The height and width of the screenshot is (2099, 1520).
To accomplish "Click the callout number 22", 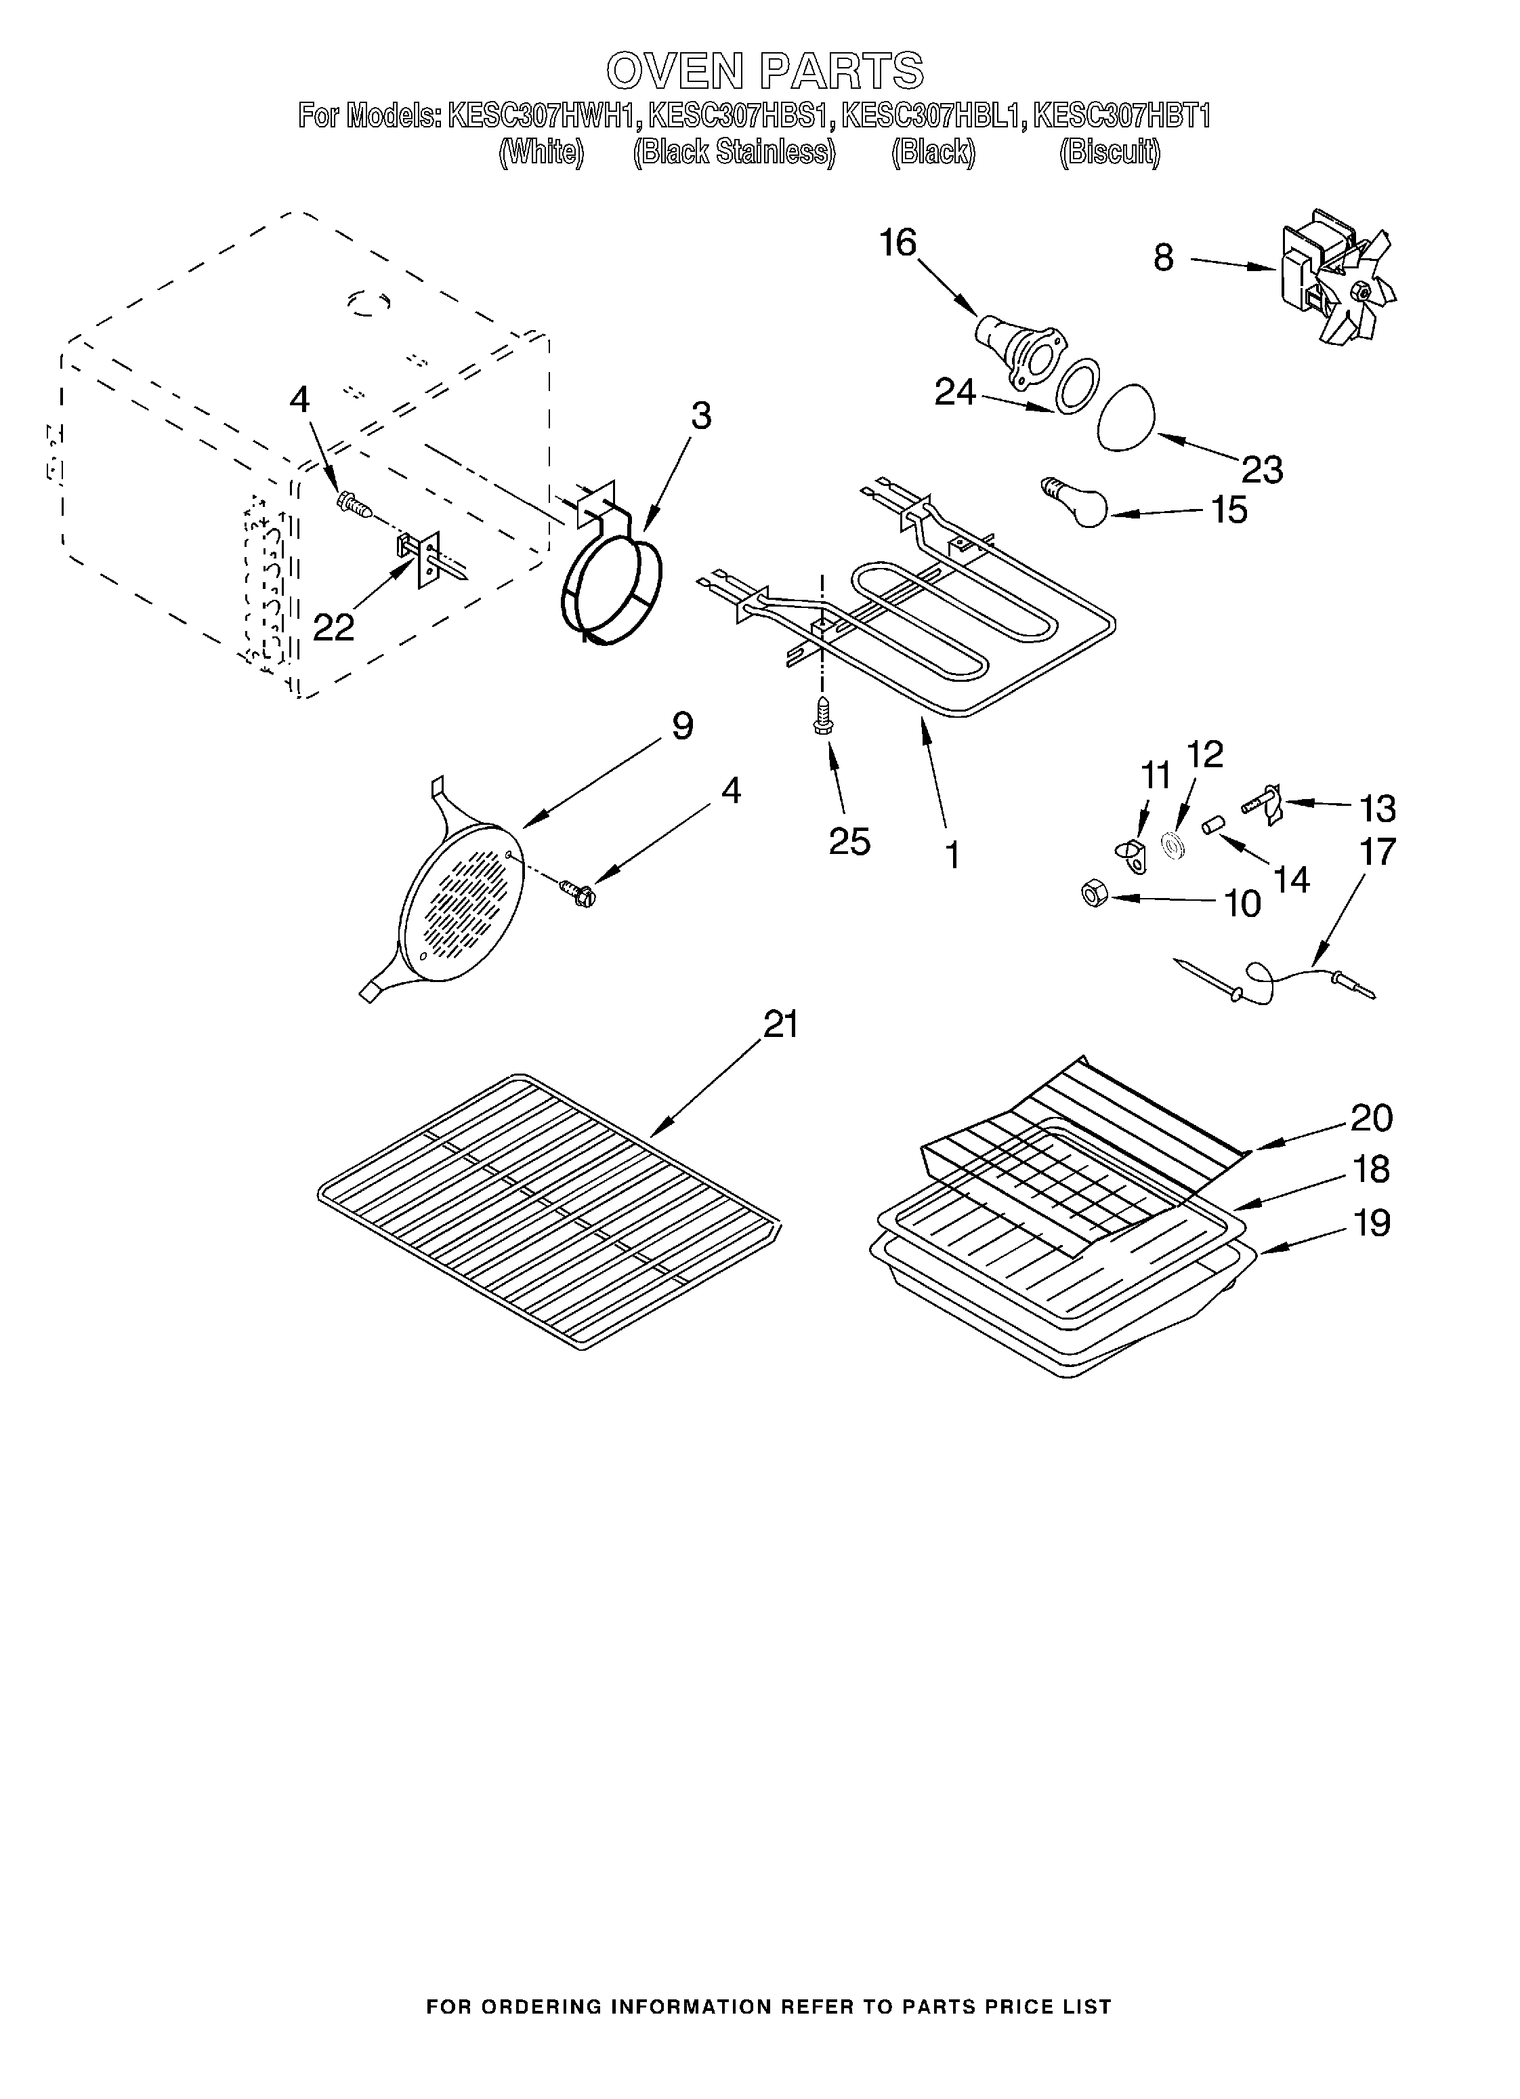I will pos(333,628).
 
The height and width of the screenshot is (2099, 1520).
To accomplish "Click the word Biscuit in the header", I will pos(1110,151).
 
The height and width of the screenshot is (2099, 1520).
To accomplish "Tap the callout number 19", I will pos(1371,1223).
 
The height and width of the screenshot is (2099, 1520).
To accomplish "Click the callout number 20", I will pos(1371,1118).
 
